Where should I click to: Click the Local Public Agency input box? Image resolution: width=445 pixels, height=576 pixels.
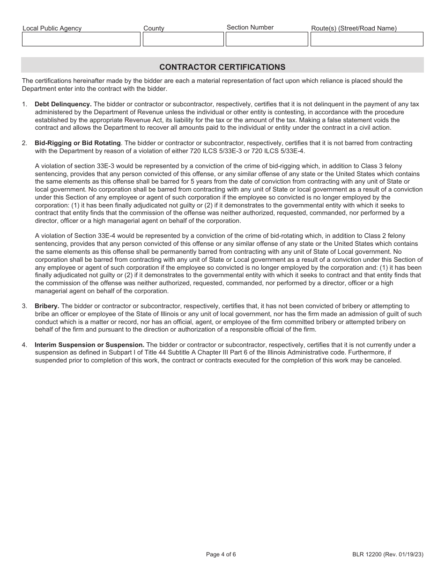tap(81, 39)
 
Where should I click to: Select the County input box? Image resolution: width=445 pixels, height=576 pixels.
tap(183, 39)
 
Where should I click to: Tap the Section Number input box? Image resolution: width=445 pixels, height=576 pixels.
tap(267, 39)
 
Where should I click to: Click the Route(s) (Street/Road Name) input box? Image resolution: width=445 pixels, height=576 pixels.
tap(366, 39)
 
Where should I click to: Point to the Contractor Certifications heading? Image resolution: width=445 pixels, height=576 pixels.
tap(222, 67)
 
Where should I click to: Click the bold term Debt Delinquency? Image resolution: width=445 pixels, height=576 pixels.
tap(63, 104)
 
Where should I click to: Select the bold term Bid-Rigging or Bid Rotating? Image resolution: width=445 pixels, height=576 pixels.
tap(78, 143)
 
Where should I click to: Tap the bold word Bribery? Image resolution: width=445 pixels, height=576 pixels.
tap(47, 306)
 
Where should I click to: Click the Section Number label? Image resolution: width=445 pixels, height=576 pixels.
tap(250, 27)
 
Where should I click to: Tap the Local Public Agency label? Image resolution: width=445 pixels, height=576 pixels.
tap(52, 28)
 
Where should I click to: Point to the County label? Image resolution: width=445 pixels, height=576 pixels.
tap(154, 28)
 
